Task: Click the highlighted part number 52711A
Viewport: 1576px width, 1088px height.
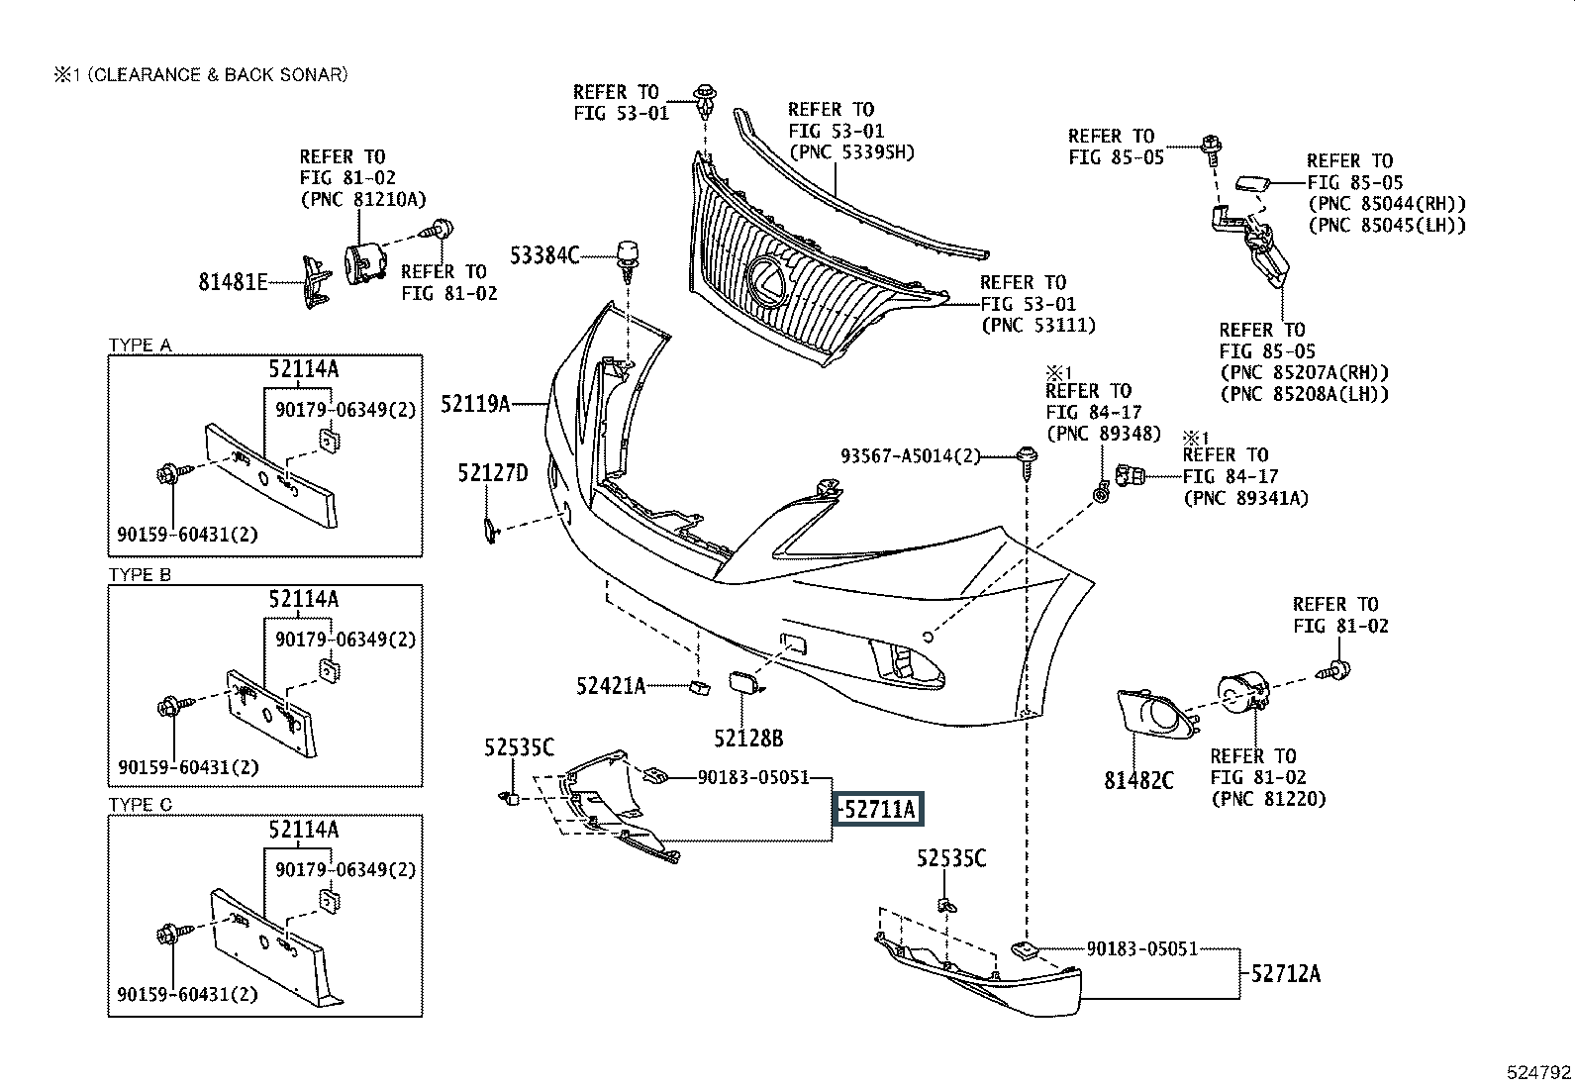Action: (x=880, y=810)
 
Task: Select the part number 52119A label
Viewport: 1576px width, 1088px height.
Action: (x=475, y=403)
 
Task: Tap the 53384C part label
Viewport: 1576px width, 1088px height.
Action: (x=544, y=255)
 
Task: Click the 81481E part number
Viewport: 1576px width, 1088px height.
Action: (x=234, y=282)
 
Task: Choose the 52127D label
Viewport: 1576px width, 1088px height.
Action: (x=492, y=473)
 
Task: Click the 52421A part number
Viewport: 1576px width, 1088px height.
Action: (x=611, y=684)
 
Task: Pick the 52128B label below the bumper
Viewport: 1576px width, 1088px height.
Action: (x=748, y=738)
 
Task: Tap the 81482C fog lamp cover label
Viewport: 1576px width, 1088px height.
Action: (x=1138, y=780)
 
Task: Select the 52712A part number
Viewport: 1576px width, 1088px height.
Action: (x=1285, y=973)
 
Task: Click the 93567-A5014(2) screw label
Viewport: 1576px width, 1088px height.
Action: (x=910, y=456)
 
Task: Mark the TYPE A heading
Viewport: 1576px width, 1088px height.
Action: (x=140, y=346)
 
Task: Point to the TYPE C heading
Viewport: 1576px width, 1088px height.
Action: (x=140, y=805)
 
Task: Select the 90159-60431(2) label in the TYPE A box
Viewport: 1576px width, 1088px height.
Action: (x=187, y=535)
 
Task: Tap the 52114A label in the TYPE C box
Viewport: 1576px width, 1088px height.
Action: (x=303, y=830)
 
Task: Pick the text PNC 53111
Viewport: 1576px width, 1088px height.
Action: (x=1038, y=325)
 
